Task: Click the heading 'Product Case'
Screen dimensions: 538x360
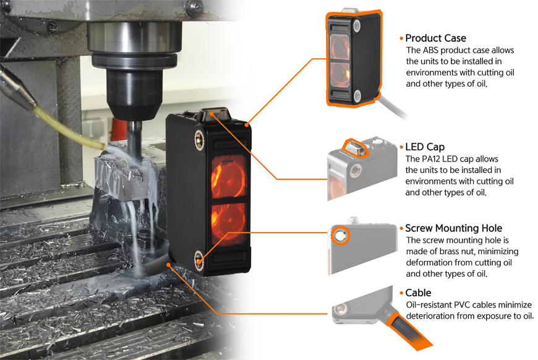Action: pos(435,38)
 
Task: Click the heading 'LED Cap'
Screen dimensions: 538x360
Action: pos(425,147)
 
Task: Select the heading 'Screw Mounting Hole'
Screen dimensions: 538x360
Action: pos(454,228)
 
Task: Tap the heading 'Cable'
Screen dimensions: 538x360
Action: pos(418,293)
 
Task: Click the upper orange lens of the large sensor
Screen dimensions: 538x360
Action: pos(228,176)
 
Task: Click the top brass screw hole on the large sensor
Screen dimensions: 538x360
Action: pos(199,139)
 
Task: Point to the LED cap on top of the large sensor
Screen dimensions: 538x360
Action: pos(215,114)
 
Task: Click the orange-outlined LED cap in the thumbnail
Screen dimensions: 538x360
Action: pos(356,148)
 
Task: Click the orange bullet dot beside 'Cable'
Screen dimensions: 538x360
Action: pos(401,293)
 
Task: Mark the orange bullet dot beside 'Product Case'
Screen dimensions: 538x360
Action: pos(401,38)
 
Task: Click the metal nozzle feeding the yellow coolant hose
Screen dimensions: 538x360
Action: pos(17,87)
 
